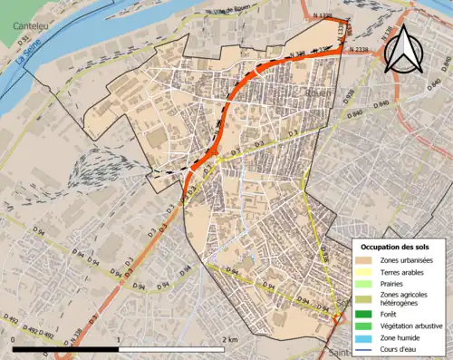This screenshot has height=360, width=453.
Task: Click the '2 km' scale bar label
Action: pyautogui.click(x=231, y=339)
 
